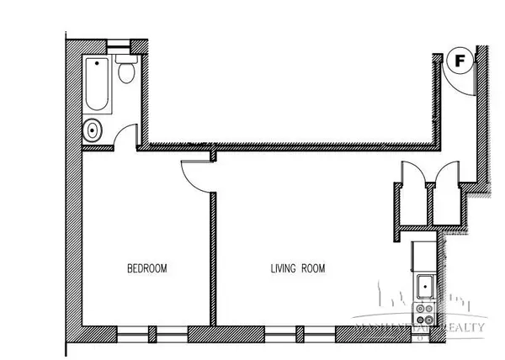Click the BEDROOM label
(x=146, y=269)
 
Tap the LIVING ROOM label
(x=297, y=269)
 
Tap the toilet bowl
(x=126, y=76)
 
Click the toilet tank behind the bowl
(x=127, y=61)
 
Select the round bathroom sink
(x=93, y=130)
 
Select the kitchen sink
(x=425, y=286)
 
